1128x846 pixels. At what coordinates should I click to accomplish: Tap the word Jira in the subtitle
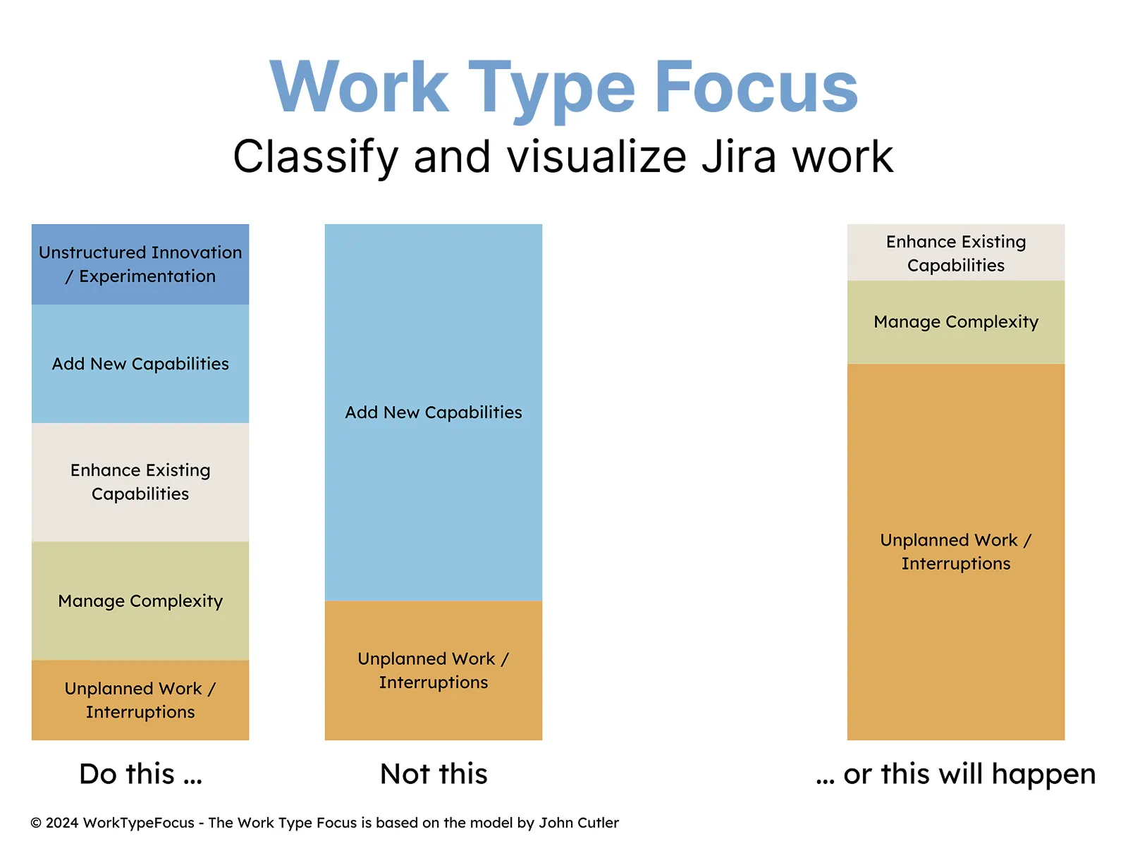pos(738,156)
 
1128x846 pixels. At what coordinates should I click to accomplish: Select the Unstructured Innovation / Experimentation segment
pos(140,264)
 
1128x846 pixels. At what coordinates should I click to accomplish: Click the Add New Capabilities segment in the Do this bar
pos(140,364)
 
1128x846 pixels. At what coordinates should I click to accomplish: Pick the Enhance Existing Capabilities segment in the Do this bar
pos(140,482)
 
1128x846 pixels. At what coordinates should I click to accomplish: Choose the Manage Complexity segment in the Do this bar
pos(140,601)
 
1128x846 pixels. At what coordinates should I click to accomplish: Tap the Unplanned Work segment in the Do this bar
pos(140,700)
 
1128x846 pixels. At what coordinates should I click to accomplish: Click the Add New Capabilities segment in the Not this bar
pos(433,412)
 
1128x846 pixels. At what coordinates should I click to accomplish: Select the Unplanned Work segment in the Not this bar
pos(433,670)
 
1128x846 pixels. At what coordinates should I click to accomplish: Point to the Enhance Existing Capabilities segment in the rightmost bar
pos(956,252)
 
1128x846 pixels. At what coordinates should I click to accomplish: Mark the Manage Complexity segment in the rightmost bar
pos(956,322)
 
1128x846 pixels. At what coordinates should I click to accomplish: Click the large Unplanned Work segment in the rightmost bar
pos(956,552)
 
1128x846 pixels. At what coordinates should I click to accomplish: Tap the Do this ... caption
pos(140,774)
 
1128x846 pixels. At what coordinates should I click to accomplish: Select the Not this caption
pos(434,774)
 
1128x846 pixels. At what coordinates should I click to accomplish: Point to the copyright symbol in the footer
pos(36,823)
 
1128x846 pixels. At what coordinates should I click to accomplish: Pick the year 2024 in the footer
pos(62,823)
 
